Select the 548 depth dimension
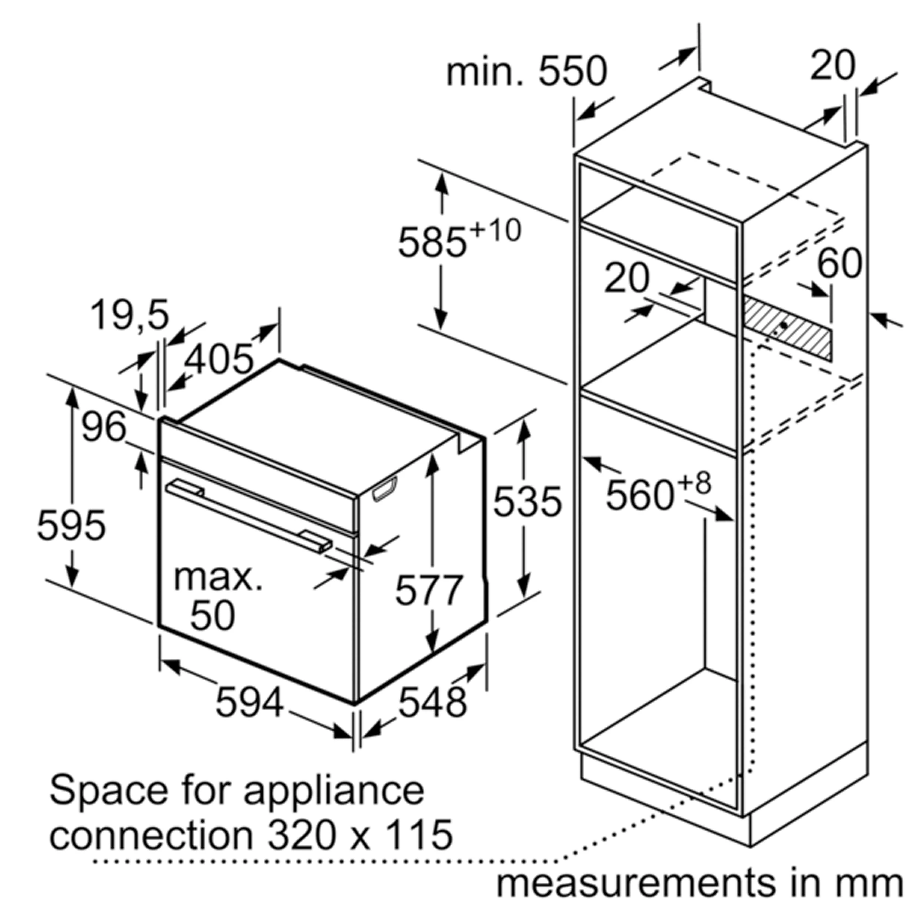[432, 703]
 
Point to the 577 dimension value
[429, 591]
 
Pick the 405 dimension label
[218, 358]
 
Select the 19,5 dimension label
[130, 315]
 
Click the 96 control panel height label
[104, 427]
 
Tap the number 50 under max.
[213, 615]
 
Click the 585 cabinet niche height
[431, 243]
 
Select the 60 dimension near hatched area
[839, 263]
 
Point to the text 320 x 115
[360, 835]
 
